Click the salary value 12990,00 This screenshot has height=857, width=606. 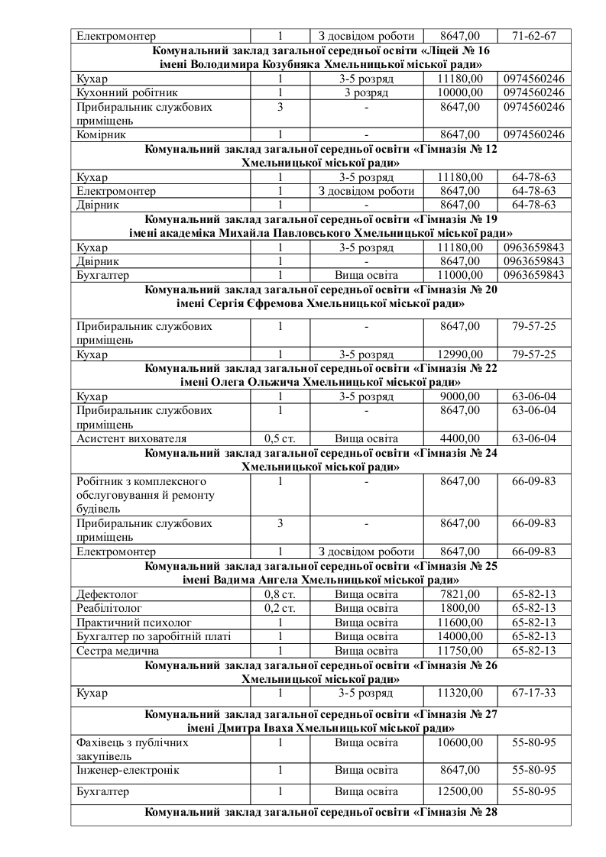(x=461, y=354)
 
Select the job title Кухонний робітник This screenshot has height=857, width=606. (x=120, y=92)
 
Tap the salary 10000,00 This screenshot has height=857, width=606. (x=461, y=92)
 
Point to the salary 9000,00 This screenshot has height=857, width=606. (x=461, y=396)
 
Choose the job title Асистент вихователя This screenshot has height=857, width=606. (x=131, y=438)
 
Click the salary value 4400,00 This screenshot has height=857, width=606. (x=461, y=438)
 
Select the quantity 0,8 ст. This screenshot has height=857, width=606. (x=280, y=594)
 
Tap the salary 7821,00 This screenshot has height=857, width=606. (x=461, y=594)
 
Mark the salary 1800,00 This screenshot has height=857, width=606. (x=461, y=608)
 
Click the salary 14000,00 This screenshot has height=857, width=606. (x=461, y=636)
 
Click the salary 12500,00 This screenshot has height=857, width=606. (x=461, y=791)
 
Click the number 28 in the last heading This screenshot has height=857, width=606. (x=491, y=812)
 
